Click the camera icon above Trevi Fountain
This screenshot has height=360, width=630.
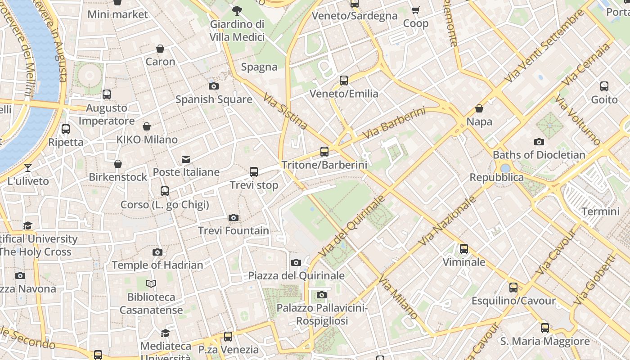click(x=233, y=218)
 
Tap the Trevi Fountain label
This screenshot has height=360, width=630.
click(x=234, y=231)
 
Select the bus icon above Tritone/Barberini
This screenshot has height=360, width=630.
click(x=324, y=152)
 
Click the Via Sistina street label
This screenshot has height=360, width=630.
click(x=285, y=111)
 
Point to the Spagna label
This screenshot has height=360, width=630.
click(x=259, y=67)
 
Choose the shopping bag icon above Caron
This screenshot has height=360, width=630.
click(x=160, y=49)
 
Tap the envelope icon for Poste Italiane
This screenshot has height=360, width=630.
click(x=186, y=159)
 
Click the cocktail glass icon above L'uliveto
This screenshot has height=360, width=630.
click(x=28, y=168)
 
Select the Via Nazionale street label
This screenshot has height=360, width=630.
click(x=447, y=220)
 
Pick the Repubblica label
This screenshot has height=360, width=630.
click(x=496, y=177)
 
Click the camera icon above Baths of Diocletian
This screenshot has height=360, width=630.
click(x=539, y=142)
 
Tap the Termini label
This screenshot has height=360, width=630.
click(x=600, y=211)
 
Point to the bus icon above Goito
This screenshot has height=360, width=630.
click(x=604, y=86)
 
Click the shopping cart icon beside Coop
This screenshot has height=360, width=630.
click(x=415, y=10)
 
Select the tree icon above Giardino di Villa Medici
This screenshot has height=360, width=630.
click(x=237, y=11)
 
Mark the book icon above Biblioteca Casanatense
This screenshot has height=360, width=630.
click(x=151, y=284)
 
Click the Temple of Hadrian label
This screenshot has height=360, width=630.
click(x=157, y=265)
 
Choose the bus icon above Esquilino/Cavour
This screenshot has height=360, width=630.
click(x=513, y=288)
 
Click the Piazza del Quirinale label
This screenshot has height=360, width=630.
click(x=296, y=276)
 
